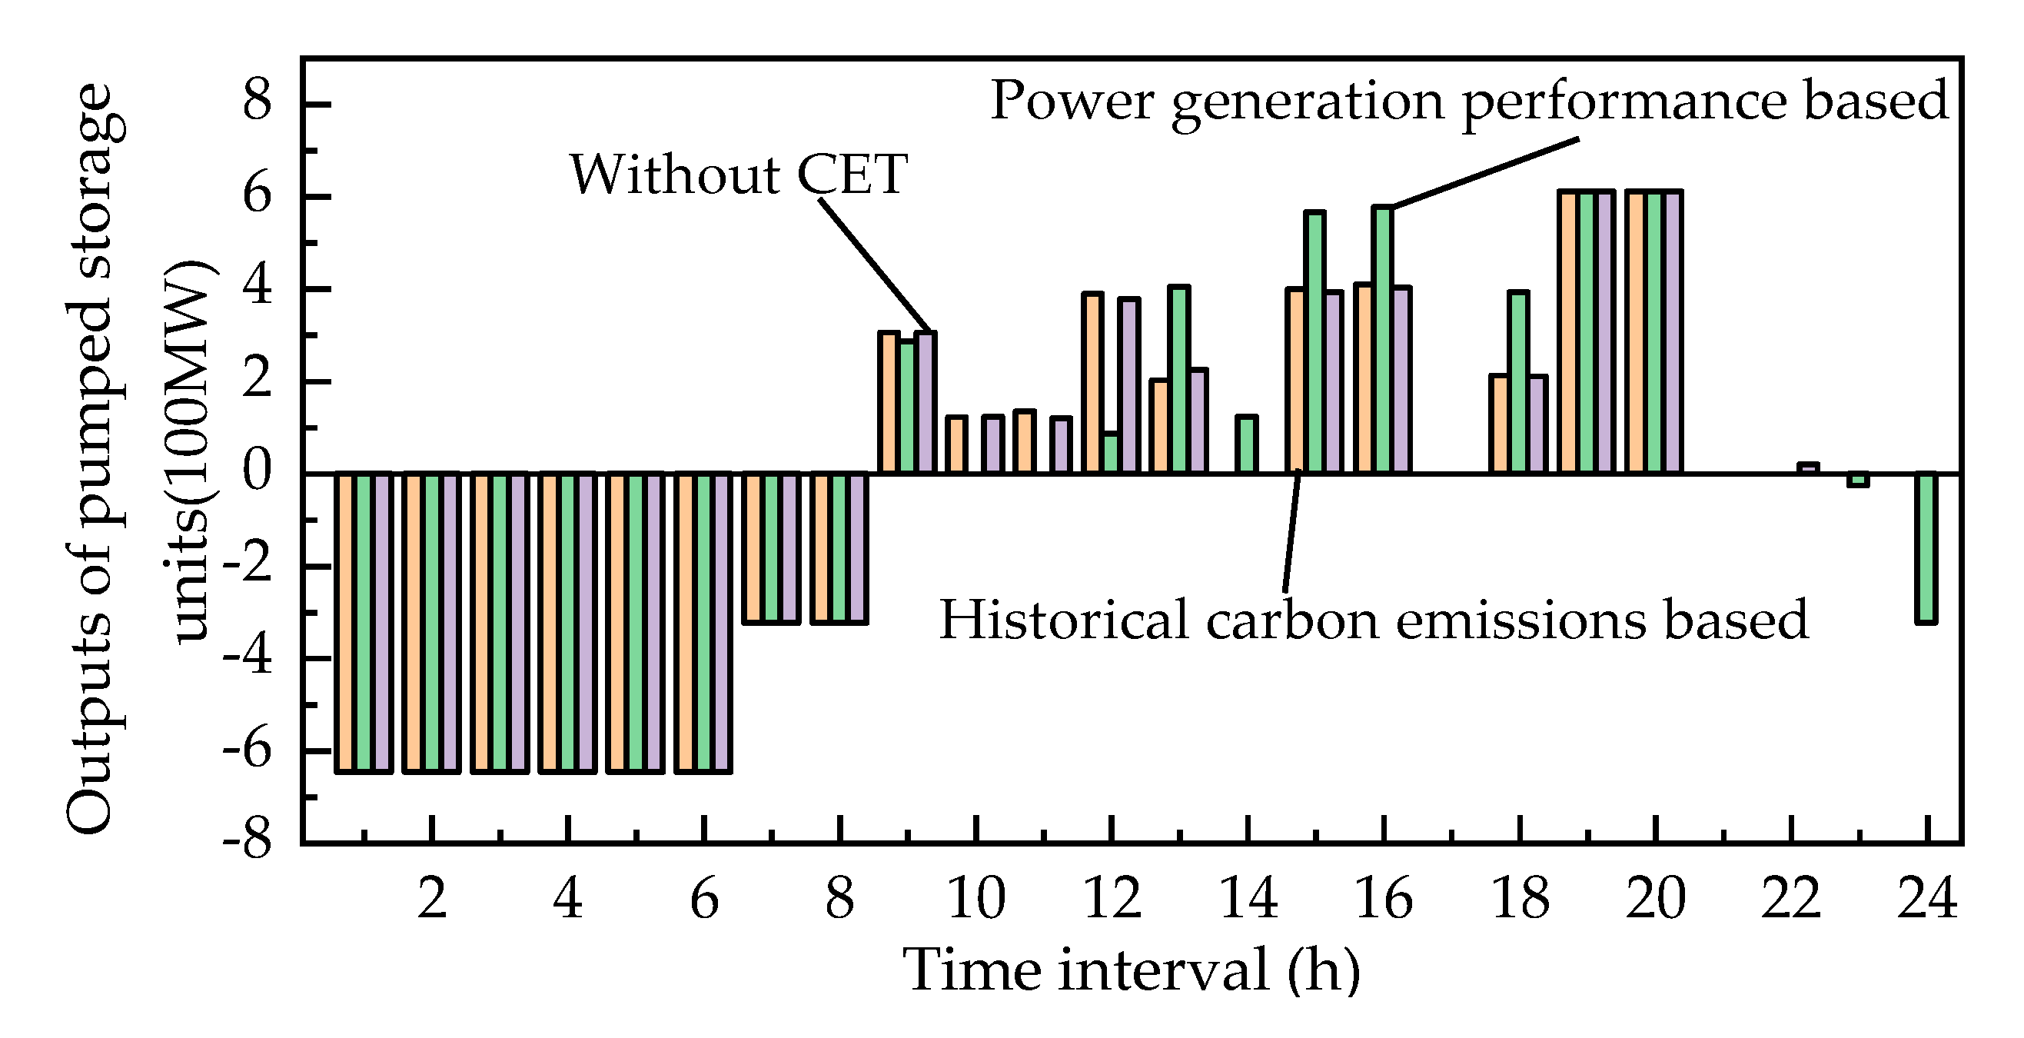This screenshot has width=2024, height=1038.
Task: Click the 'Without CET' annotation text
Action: click(x=739, y=175)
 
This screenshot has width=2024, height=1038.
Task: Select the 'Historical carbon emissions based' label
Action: click(x=1374, y=619)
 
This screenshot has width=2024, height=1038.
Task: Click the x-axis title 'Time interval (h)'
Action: click(x=1132, y=970)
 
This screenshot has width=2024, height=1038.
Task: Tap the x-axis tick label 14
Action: click(x=1248, y=898)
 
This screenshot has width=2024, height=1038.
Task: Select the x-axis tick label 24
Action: click(x=1926, y=898)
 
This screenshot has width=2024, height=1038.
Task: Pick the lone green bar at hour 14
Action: click(x=1247, y=444)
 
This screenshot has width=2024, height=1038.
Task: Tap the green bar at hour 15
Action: click(x=1314, y=343)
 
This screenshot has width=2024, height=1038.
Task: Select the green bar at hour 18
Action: click(x=1519, y=383)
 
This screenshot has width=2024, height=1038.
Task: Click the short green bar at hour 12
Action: click(x=1111, y=454)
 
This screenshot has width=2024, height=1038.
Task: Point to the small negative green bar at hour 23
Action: click(x=1857, y=479)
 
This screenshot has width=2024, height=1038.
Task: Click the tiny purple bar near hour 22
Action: click(x=1808, y=468)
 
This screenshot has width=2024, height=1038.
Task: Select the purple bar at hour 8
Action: click(x=858, y=548)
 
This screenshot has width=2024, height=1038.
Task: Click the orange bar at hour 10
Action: click(x=956, y=444)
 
